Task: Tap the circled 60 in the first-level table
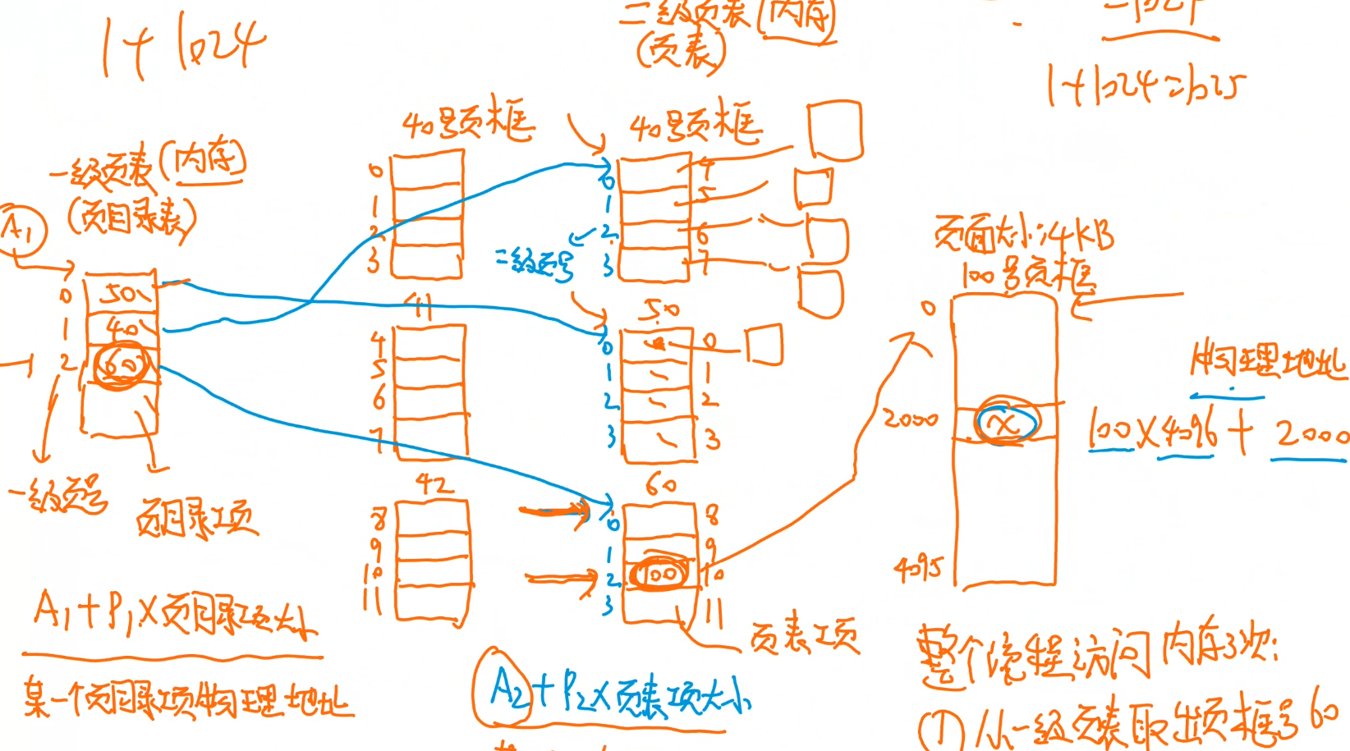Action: [x=122, y=365]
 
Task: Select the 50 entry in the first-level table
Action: [x=123, y=293]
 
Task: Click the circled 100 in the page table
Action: [x=660, y=574]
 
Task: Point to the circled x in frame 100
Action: [x=1007, y=423]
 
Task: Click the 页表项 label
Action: [x=805, y=636]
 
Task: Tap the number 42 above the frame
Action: [x=434, y=485]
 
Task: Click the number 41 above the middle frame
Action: [x=421, y=309]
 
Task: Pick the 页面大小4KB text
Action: [x=1023, y=235]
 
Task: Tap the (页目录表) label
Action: [x=131, y=218]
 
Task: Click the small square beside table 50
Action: [x=764, y=344]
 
